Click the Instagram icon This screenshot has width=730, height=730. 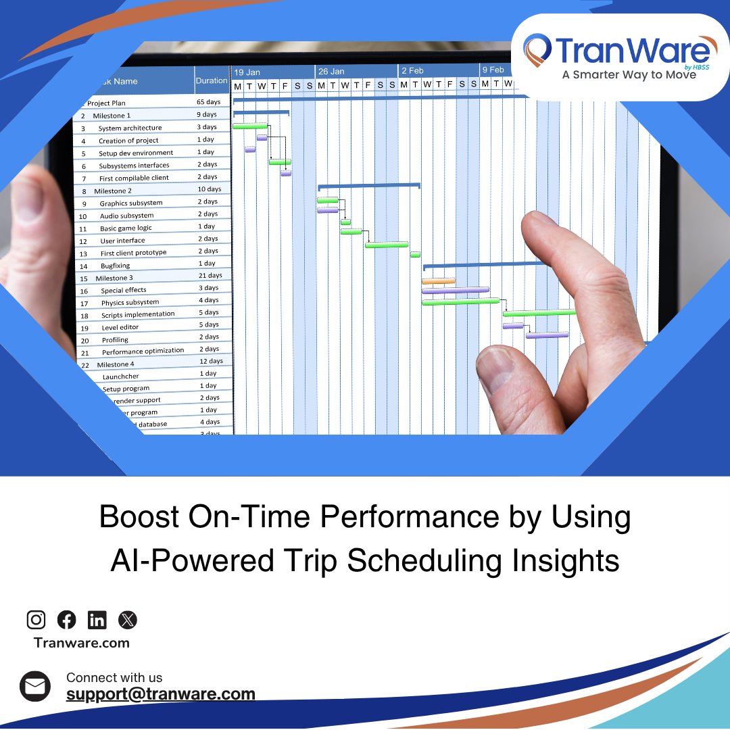[36, 619]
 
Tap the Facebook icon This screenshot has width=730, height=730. [67, 619]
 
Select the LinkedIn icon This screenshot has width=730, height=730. [97, 619]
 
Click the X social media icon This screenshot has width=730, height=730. [127, 619]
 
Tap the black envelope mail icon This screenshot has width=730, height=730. [35, 687]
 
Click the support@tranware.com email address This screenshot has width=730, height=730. [161, 693]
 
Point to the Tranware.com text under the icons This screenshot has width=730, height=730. [82, 643]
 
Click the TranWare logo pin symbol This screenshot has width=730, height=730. [538, 51]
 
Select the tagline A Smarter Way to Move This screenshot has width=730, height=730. [629, 75]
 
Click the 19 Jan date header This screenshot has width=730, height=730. [247, 72]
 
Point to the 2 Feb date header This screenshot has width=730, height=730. [412, 70]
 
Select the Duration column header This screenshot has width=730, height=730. [212, 80]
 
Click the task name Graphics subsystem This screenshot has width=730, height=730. [131, 203]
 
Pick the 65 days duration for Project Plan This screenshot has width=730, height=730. [208, 102]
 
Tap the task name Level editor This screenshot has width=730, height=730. [120, 328]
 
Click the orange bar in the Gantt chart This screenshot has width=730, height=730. [438, 281]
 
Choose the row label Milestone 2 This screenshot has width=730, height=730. [113, 191]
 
